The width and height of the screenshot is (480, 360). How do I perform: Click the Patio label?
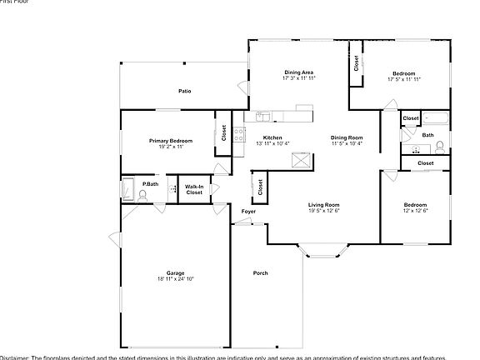(x=185, y=90)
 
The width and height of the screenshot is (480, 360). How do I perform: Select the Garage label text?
(x=175, y=273)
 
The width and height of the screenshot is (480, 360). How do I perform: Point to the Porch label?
(x=261, y=272)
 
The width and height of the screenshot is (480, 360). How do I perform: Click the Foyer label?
(x=248, y=212)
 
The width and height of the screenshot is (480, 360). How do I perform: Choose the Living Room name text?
(x=323, y=204)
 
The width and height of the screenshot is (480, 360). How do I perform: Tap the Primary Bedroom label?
(x=166, y=141)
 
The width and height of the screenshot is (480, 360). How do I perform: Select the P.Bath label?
(x=150, y=183)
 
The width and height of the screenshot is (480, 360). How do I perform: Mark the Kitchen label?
(x=272, y=137)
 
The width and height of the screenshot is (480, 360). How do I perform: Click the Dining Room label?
(x=347, y=137)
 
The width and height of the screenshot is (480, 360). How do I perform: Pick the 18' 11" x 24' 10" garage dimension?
(x=175, y=279)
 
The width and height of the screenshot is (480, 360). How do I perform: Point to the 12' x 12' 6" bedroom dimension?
(x=415, y=210)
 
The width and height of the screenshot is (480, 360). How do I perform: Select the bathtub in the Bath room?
(x=436, y=117)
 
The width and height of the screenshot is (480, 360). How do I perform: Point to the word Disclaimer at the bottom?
(x=15, y=357)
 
